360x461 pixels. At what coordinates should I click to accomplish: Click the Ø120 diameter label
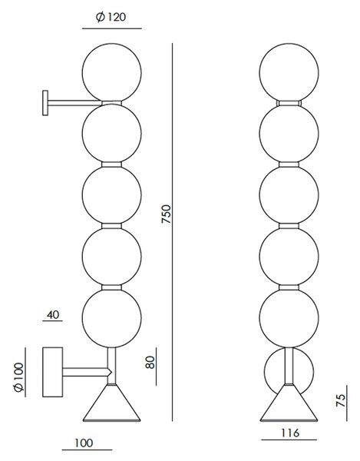coord(111,18)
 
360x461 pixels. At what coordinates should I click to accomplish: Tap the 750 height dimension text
coord(166,214)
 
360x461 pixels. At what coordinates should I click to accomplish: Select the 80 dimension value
coord(150,362)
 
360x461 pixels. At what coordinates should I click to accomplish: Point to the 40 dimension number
coord(53,314)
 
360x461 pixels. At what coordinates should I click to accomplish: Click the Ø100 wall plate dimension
coord(18,377)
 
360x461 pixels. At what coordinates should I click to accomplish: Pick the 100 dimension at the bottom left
coord(84,443)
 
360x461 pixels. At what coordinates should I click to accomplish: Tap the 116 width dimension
coord(290,433)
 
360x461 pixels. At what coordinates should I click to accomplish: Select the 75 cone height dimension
coord(341,400)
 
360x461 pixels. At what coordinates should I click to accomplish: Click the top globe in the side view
coord(112,73)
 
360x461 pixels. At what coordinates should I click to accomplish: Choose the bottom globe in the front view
coord(289,318)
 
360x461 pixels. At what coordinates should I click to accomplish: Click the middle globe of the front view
coord(289,195)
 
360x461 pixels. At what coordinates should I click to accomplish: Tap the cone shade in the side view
coord(111,403)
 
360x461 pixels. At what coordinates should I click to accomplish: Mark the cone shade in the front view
coord(289,403)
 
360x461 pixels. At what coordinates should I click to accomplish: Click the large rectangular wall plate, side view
coord(53,372)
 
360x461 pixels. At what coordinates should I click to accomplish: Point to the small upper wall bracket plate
coord(45,103)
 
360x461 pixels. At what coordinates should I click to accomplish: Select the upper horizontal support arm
coord(75,103)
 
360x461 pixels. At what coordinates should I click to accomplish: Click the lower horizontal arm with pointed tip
coord(88,372)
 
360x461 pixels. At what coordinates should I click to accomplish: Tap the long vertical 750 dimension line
coord(173,232)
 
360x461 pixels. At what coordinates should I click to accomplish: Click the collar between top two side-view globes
coord(111,103)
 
